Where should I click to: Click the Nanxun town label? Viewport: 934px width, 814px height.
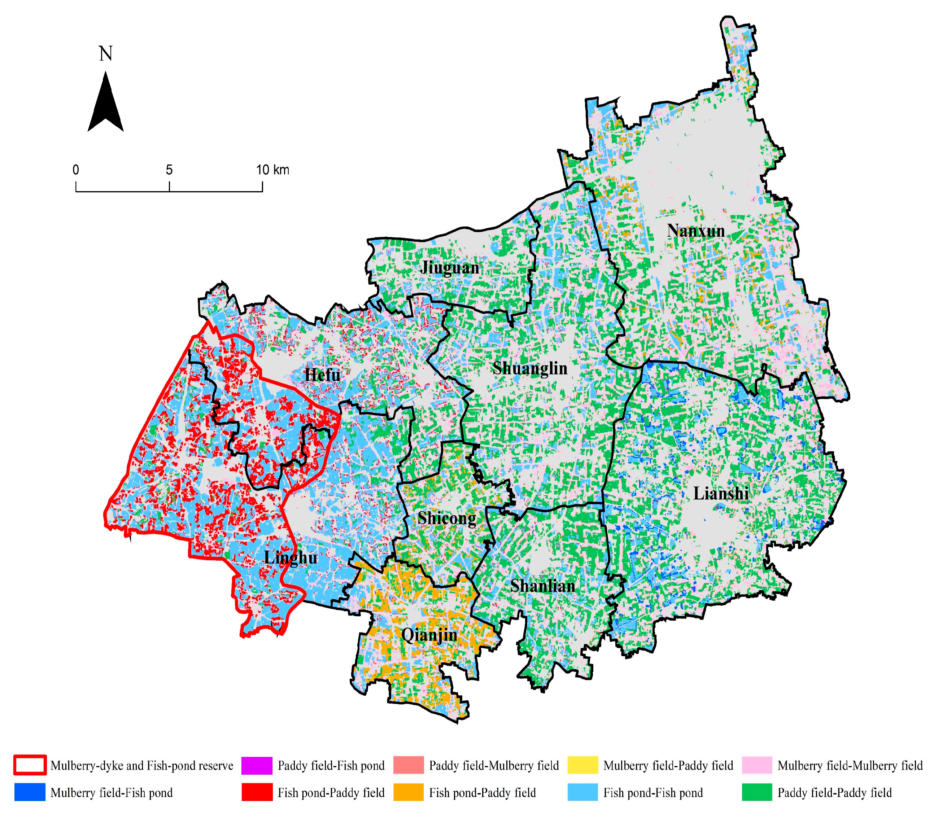695,231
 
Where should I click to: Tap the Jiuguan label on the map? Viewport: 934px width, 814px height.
450,268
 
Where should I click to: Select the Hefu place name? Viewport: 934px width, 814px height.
322,375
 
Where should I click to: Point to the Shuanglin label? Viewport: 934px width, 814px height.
530,368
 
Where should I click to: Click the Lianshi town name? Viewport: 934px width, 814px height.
720,494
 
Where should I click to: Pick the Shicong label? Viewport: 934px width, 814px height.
446,518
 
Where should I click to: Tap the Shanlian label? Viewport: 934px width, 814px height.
542,586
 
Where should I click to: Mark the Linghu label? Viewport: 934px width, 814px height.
291,558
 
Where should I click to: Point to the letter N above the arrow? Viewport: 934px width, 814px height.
105,54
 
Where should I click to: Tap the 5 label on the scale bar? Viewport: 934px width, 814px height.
169,170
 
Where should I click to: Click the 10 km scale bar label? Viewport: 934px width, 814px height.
272,170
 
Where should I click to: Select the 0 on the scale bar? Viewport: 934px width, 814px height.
76,170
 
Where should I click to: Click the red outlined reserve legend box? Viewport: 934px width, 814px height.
30,765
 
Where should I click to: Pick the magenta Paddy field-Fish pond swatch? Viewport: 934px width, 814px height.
257,765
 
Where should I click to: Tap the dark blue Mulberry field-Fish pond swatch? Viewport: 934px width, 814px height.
30,793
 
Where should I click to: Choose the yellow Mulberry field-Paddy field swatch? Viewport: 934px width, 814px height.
583,765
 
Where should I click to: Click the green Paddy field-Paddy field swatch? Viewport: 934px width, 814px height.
757,793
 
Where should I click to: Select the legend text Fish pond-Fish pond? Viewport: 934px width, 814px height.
653,793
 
